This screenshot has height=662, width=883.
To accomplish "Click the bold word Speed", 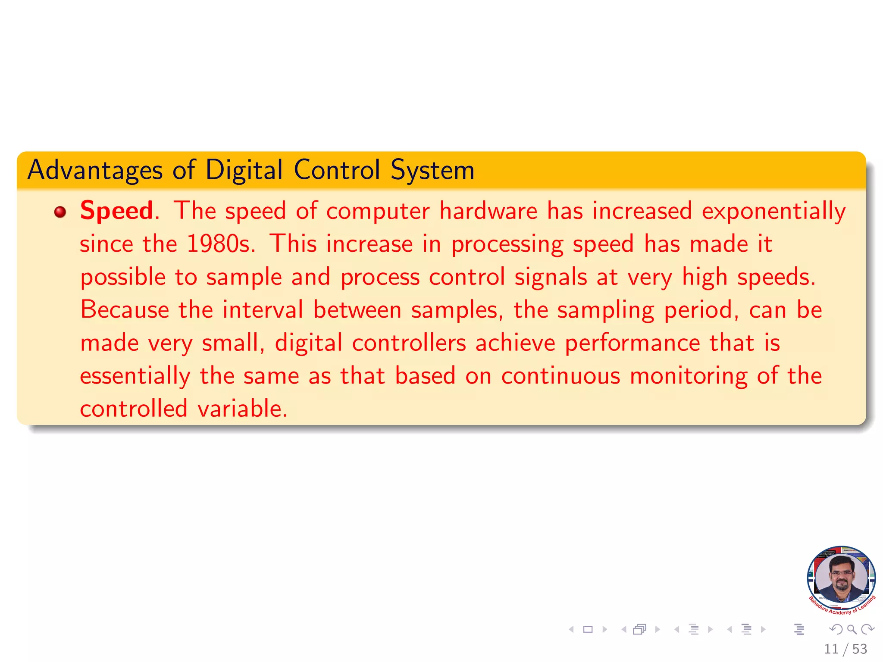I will coord(116,211).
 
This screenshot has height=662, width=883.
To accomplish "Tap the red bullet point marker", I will coord(60,212).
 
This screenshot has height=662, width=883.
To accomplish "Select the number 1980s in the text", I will coord(221,244).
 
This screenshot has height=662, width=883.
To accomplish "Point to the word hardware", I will coord(488,211).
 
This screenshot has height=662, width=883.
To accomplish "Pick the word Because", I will coord(125,310).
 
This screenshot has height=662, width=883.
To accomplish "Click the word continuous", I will coord(560,376).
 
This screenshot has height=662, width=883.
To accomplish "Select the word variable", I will coord(242,409).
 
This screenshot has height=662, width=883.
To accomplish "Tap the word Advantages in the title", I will coord(95,170).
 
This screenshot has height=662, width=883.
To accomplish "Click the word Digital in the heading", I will coord(244,170).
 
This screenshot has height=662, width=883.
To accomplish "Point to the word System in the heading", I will coord(432,170).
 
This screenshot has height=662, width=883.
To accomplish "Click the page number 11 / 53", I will coord(845,649).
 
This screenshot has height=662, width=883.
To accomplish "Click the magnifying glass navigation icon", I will coord(852,629).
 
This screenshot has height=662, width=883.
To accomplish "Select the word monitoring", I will coord(689,376).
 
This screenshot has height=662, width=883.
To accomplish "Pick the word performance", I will coord(633,343).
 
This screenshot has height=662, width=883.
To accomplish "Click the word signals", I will coord(551,277).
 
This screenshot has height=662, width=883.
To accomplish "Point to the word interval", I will coord(263,310).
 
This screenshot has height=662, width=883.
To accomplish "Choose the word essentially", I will coord(135,376).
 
